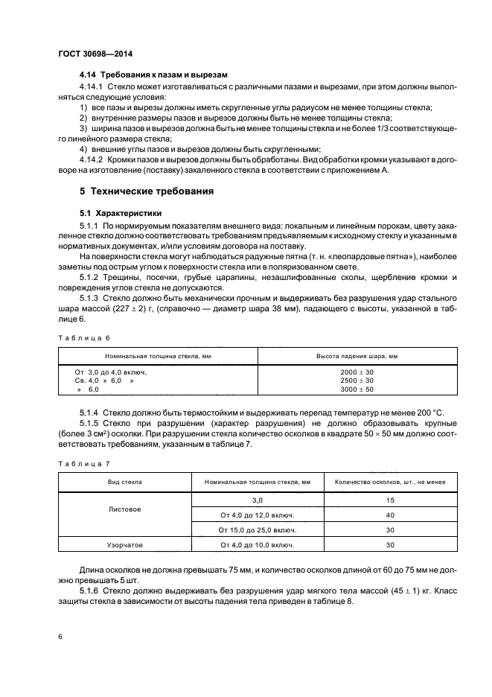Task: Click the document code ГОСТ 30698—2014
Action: coord(91,53)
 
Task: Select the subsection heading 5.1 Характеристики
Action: coord(115,213)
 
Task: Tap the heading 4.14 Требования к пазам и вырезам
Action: coord(153,75)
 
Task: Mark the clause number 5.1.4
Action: coord(90,412)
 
